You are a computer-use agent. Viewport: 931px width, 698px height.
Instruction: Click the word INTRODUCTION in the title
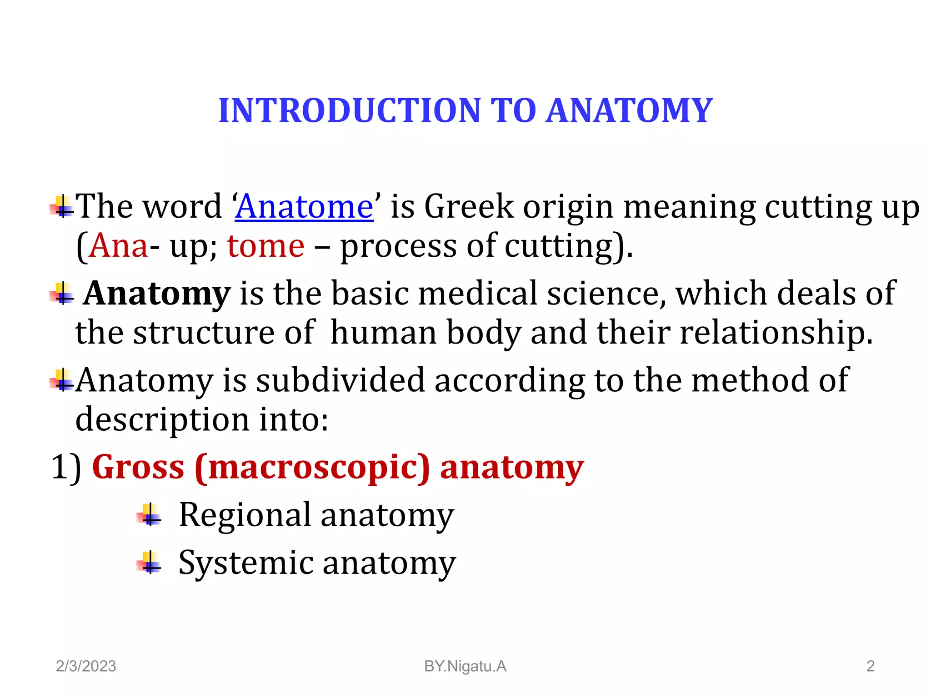pyautogui.click(x=349, y=111)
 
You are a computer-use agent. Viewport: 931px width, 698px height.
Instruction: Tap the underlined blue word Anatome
pyautogui.click(x=304, y=207)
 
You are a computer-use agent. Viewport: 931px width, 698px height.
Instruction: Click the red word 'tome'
pyautogui.click(x=265, y=246)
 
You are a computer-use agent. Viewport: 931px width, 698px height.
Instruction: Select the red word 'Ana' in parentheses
pyautogui.click(x=119, y=246)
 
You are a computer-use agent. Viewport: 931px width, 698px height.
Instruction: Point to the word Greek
pyautogui.click(x=469, y=207)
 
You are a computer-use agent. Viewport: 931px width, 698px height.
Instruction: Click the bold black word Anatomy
pyautogui.click(x=157, y=294)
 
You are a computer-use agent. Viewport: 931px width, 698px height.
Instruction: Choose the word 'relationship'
pyautogui.click(x=776, y=333)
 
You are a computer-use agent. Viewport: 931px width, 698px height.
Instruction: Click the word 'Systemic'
pyautogui.click(x=246, y=563)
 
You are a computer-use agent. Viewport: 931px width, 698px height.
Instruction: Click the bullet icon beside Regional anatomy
pyautogui.click(x=149, y=515)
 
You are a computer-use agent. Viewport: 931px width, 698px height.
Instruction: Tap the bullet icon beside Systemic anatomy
pyautogui.click(x=149, y=563)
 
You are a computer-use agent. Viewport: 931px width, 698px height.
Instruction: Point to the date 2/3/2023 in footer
pyautogui.click(x=86, y=666)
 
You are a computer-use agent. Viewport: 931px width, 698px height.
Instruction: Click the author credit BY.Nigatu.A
pyautogui.click(x=465, y=666)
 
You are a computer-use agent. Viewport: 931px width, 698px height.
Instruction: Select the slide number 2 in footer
pyautogui.click(x=870, y=666)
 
